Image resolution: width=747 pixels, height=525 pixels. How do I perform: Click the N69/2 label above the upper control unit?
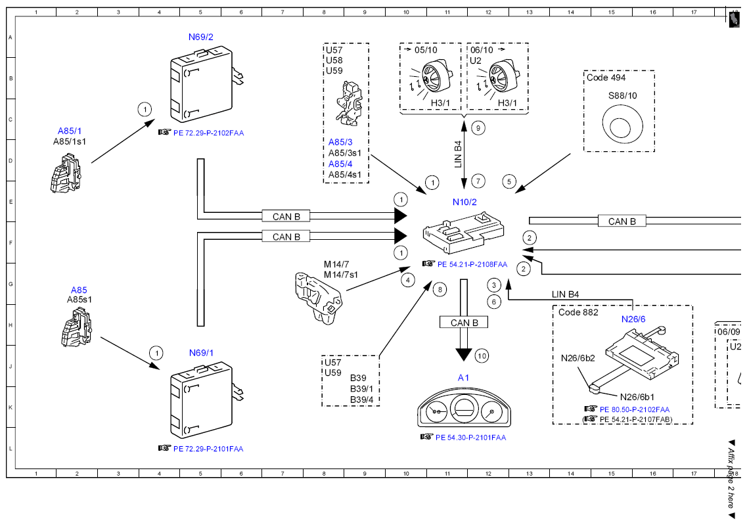200,37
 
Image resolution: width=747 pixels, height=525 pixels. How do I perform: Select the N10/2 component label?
464,202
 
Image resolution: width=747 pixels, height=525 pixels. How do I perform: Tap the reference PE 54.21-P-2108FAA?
472,264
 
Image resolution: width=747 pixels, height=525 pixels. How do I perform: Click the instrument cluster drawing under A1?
464,409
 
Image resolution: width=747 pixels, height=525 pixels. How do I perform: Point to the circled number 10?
482,356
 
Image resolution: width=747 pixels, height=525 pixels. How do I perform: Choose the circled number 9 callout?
478,128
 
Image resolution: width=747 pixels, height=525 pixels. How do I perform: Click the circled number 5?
509,181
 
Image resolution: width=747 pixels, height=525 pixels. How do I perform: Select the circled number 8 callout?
440,289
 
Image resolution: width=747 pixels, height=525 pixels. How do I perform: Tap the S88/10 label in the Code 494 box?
622,96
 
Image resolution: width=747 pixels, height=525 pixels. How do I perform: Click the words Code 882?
578,313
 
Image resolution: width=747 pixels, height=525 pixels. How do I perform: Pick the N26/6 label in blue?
633,319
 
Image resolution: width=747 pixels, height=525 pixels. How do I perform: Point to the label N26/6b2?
578,358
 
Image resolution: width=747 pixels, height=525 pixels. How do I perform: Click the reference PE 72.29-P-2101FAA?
208,449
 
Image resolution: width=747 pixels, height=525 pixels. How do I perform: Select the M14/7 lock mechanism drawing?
319,298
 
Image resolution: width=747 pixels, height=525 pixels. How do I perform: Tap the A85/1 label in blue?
70,131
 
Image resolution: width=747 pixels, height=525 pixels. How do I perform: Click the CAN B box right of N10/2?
622,221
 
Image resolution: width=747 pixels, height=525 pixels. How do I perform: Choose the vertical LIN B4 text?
458,154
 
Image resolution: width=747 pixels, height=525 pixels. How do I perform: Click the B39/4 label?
361,399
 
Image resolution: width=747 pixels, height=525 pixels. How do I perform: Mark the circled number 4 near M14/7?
408,280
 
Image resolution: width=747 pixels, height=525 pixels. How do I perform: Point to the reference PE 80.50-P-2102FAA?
635,410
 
